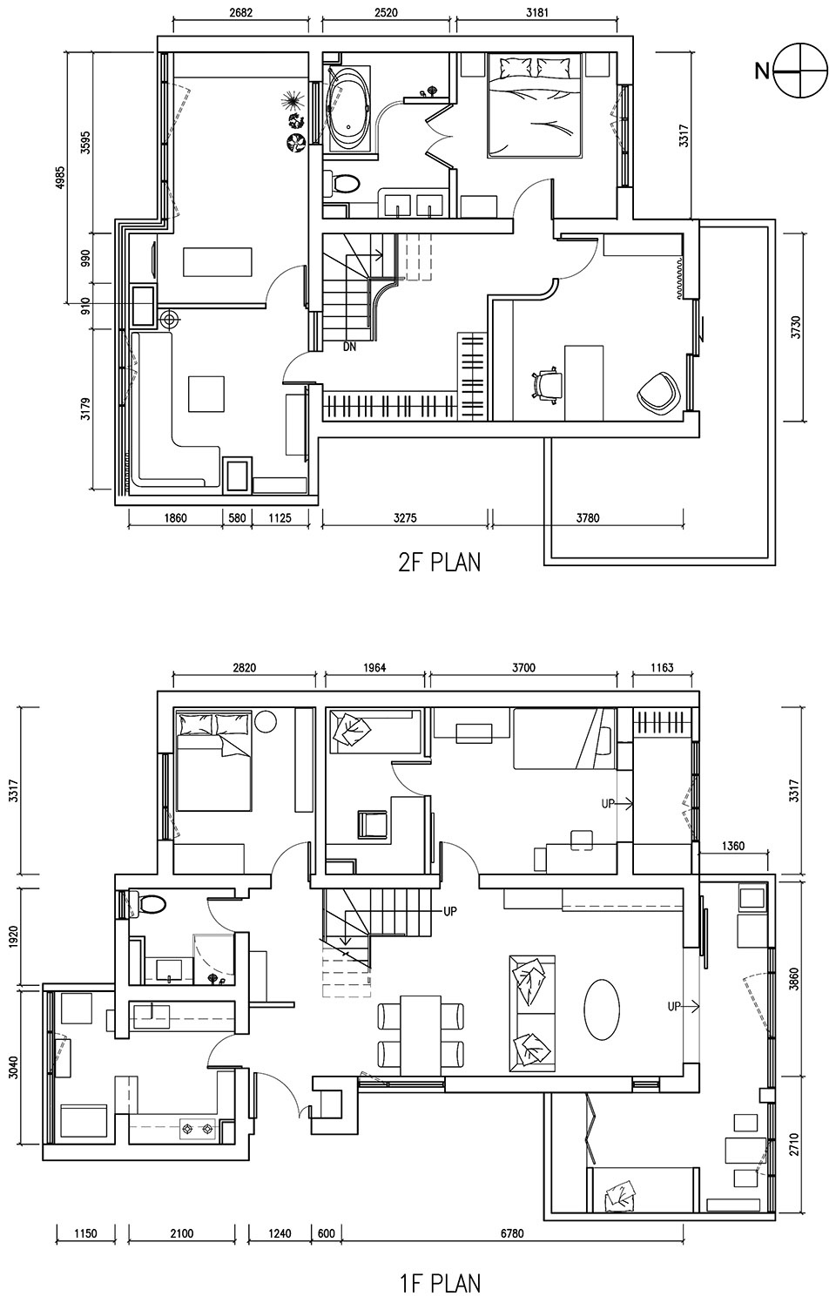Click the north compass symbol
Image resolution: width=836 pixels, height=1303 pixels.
coord(800,71)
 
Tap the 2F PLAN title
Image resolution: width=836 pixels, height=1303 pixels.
coord(439,563)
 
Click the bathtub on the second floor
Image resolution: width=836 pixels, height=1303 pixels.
coord(348,108)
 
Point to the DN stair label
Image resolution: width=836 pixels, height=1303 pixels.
coord(349,347)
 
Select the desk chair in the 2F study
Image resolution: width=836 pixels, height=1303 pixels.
coord(546,384)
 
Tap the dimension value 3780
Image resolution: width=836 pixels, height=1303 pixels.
coord(588,517)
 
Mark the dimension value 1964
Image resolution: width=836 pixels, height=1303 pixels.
coord(374,667)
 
